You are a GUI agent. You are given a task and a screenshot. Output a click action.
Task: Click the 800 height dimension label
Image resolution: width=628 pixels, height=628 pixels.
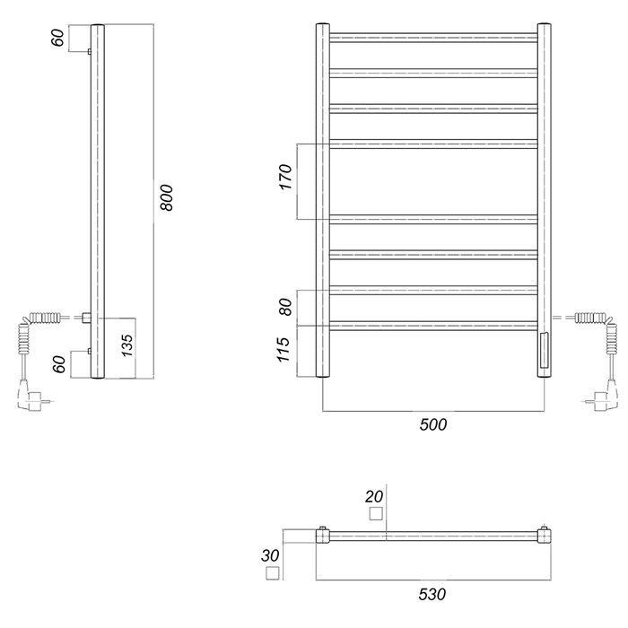(x=166, y=197)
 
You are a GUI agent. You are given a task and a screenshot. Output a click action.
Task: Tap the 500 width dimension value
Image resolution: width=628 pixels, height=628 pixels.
(x=433, y=424)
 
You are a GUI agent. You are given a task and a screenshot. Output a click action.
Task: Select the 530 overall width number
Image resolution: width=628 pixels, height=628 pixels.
(x=432, y=594)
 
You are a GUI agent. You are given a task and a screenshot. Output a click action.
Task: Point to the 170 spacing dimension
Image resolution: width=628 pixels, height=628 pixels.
(x=285, y=177)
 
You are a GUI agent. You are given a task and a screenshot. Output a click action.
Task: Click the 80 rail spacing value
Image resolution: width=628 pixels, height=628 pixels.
(x=285, y=307)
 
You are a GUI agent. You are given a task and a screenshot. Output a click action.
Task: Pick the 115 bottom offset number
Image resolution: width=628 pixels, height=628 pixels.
(x=283, y=350)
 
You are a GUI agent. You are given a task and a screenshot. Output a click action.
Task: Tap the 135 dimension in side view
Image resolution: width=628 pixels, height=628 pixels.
(x=126, y=345)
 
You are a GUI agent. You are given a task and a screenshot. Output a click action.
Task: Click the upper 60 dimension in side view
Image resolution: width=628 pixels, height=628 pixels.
(x=57, y=38)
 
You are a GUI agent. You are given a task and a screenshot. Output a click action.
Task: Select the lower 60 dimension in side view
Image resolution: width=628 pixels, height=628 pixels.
(x=59, y=364)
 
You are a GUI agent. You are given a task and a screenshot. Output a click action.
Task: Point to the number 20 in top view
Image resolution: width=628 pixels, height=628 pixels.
(x=374, y=497)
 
